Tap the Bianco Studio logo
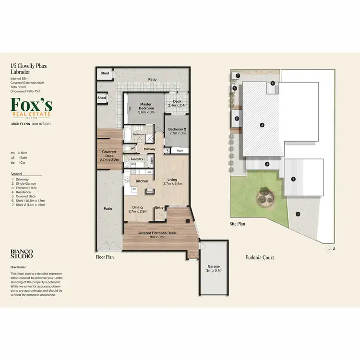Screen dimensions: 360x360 point(22,254)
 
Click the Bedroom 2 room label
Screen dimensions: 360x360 point(177,131)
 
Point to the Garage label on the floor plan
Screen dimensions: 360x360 point(214,268)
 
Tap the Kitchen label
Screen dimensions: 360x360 point(142,181)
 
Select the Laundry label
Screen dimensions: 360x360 point(137,159)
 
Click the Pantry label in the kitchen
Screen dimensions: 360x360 point(150,191)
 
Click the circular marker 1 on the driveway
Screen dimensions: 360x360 point(298,214)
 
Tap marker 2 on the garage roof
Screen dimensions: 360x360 point(293,180)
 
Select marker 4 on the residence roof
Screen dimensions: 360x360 point(262,125)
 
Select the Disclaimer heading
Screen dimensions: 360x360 point(18,267)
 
